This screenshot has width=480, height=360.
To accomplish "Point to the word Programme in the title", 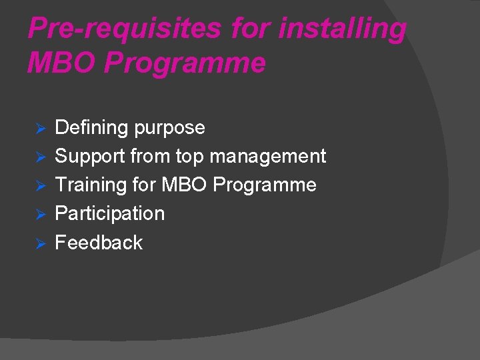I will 185,63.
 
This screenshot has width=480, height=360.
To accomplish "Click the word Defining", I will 92,127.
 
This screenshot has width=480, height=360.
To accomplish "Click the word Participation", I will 109,213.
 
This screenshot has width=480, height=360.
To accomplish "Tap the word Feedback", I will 99,242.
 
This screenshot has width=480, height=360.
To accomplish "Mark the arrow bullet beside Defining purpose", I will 39,128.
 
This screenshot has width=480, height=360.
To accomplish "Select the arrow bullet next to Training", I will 39,185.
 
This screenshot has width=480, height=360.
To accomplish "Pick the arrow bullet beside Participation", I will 39,214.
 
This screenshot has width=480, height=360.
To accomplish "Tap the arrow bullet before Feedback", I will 39,243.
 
